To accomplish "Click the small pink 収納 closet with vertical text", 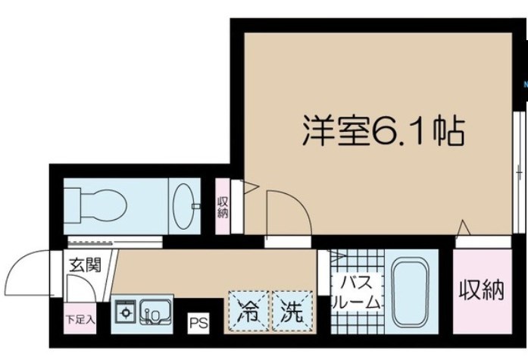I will pyautogui.click(x=223, y=205).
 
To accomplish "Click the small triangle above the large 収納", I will pyautogui.click(x=465, y=227).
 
